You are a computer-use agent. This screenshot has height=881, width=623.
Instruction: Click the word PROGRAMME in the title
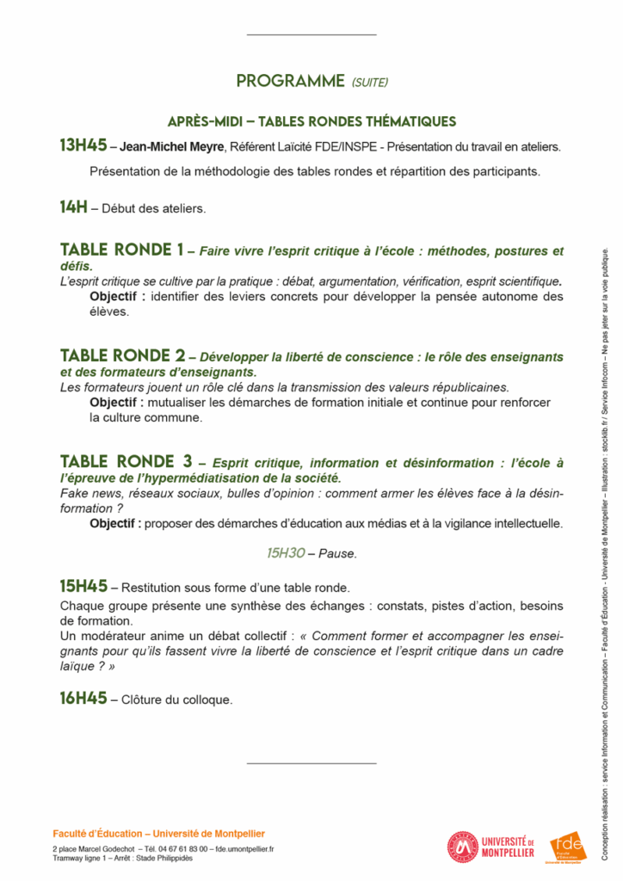[x=291, y=82]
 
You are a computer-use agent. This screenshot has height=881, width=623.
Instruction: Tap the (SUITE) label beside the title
[x=370, y=83]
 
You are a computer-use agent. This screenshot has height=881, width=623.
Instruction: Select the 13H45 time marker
[x=83, y=145]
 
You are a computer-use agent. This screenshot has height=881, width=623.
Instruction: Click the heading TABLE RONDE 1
[x=121, y=250]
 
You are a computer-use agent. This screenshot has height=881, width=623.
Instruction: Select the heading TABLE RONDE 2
[x=122, y=355]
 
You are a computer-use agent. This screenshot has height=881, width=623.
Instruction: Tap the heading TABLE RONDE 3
[x=126, y=461]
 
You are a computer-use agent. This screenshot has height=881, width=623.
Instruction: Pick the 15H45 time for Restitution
[x=83, y=587]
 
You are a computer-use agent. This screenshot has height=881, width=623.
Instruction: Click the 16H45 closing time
[x=83, y=699]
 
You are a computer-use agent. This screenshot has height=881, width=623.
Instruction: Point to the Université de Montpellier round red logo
[x=462, y=847]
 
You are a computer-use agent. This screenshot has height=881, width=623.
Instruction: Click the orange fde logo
[x=567, y=845]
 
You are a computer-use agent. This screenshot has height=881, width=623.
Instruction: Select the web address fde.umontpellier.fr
[x=244, y=849]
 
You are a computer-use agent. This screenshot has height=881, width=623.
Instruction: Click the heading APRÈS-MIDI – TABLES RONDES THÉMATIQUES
[x=311, y=121]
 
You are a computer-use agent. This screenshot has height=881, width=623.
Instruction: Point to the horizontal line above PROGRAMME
[x=311, y=34]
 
